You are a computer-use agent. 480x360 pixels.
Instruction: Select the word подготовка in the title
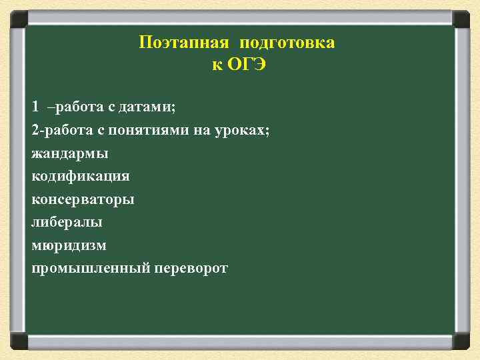point(287,43)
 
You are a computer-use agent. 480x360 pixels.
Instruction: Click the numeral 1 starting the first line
point(35,107)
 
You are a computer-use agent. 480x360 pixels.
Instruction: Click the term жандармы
point(70,153)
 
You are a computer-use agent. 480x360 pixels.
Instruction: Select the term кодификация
point(81,176)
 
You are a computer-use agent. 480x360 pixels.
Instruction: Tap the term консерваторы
point(83,199)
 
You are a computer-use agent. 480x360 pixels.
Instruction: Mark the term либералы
point(67,222)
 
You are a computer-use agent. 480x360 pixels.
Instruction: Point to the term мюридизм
point(69,245)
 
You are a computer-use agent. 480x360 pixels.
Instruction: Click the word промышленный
point(91,269)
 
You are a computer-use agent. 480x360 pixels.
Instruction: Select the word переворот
point(191,269)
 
